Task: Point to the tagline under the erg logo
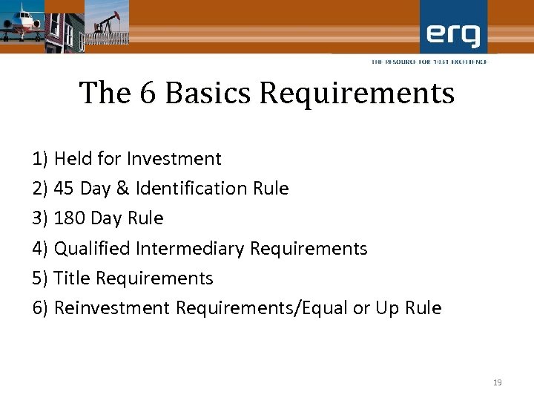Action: tap(429, 62)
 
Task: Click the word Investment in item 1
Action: tap(174, 159)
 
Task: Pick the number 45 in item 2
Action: tap(64, 189)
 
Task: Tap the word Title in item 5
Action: tap(72, 278)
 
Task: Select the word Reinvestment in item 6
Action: tap(112, 308)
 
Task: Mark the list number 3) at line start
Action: tap(40, 218)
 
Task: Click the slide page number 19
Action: tap(497, 382)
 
